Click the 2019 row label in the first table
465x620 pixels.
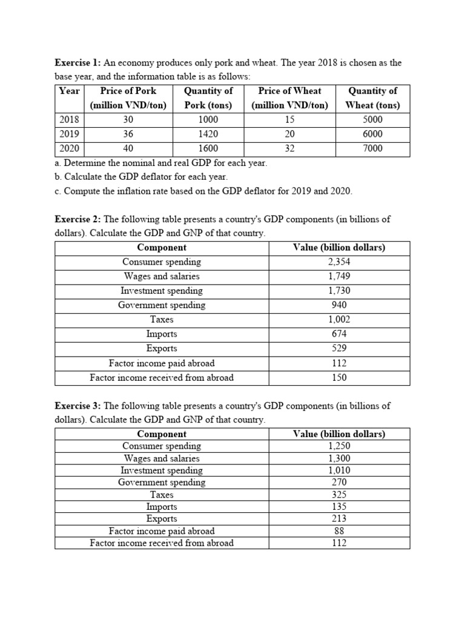point(70,134)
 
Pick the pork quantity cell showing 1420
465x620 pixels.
point(208,134)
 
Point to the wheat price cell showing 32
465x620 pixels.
point(289,148)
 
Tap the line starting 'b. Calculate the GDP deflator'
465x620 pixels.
point(141,177)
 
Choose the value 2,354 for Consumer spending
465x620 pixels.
point(339,262)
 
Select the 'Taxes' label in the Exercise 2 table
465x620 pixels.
point(162,320)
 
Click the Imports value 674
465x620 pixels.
point(339,334)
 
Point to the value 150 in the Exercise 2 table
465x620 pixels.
point(339,378)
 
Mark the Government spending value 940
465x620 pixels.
point(339,305)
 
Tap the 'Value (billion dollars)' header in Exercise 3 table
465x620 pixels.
point(339,434)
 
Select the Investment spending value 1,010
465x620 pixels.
point(339,470)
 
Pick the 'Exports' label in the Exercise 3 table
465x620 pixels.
point(162,519)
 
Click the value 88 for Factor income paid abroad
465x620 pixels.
point(339,531)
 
